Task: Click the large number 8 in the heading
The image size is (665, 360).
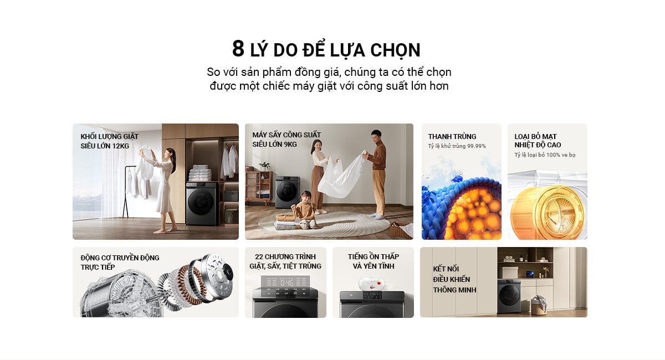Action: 238,49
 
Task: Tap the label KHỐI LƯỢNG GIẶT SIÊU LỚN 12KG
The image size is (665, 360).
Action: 109,141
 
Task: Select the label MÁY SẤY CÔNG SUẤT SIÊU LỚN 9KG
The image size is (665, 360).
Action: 287,140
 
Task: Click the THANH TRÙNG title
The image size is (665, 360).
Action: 452,136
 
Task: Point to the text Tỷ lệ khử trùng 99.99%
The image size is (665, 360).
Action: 457,146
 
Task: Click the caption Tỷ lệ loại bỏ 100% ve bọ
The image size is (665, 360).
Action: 545,155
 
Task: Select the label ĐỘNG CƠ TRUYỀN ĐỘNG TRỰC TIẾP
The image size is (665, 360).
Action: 120,263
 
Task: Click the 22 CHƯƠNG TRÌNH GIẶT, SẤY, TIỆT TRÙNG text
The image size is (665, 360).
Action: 285,261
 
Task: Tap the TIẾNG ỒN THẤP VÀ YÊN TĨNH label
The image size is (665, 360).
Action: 374,261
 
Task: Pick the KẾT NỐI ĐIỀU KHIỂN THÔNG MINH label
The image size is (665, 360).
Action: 454,279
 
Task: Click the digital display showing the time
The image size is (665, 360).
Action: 287,283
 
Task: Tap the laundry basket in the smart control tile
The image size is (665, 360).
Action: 539,305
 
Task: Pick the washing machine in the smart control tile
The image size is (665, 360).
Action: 509,296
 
